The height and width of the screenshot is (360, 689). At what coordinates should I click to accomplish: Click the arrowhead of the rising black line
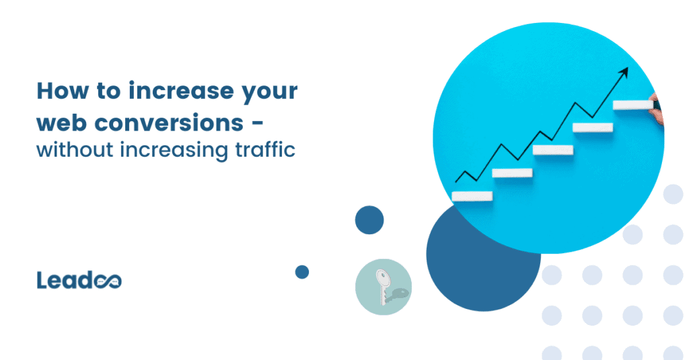(x=624, y=71)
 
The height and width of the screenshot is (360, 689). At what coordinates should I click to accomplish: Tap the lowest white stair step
(x=472, y=196)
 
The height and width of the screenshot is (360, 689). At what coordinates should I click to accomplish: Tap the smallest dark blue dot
(x=302, y=272)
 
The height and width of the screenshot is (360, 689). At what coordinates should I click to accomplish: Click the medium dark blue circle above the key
(x=369, y=220)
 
